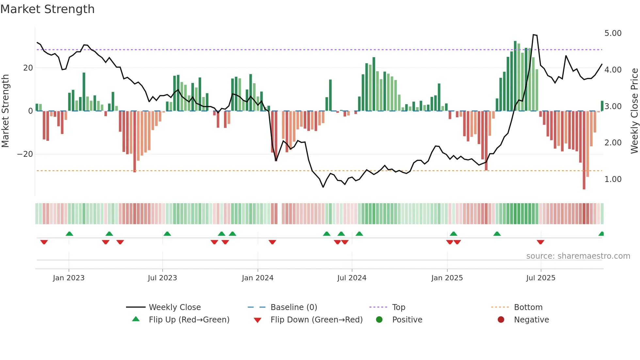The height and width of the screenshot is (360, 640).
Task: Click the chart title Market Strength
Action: pos(47,9)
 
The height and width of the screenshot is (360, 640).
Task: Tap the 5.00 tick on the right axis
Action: pos(613,33)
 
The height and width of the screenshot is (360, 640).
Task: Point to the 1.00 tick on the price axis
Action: pos(613,179)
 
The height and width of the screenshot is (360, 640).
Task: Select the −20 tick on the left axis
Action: pos(25,154)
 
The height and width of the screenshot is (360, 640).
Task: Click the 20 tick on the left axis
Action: pos(28,68)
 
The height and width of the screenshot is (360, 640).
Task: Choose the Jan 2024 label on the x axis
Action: pos(257,278)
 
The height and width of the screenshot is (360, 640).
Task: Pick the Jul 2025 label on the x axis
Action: pos(540,278)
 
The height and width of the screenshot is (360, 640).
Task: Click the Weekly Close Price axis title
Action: pos(634,111)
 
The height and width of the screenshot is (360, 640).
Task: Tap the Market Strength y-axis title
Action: pos(5,111)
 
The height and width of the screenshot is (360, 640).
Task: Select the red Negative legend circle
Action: pos(501,320)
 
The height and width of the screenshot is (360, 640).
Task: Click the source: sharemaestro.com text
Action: pos(578,256)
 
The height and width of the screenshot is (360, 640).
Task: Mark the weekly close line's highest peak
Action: pos(534,35)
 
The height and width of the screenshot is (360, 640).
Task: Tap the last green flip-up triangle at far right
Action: pos(601,234)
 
